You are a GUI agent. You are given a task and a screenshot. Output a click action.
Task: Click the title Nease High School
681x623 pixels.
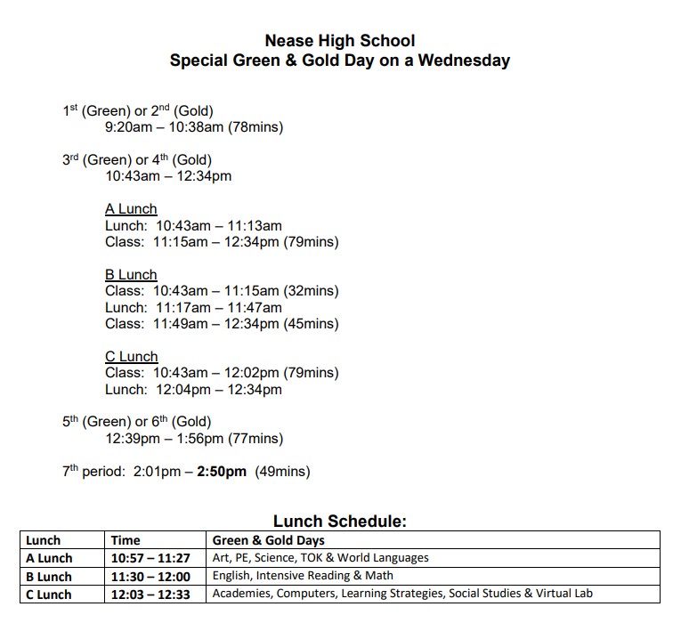(x=340, y=40)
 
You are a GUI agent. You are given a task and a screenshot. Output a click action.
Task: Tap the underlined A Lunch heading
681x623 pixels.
(x=131, y=209)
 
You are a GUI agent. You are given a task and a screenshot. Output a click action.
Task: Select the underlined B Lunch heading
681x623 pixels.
(x=131, y=275)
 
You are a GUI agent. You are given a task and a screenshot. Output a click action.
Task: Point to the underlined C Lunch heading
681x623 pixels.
(x=131, y=357)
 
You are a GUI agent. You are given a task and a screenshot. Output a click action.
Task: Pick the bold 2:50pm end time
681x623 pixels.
(x=221, y=472)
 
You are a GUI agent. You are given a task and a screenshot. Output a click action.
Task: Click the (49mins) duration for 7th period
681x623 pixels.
(x=283, y=472)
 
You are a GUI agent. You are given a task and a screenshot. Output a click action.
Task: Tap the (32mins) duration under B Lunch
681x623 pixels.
(x=311, y=291)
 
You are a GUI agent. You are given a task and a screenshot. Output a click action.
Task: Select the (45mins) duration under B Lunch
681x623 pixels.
(x=311, y=324)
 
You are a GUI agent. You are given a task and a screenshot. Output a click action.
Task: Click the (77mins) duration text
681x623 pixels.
(x=255, y=439)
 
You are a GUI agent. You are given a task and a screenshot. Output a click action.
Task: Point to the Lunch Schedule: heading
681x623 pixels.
(x=340, y=522)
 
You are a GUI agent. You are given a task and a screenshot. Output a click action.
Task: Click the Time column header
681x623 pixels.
(x=126, y=540)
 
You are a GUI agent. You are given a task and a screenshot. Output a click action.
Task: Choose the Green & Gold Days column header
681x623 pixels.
(x=269, y=540)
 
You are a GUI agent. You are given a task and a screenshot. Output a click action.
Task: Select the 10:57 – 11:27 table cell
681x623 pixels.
(x=150, y=558)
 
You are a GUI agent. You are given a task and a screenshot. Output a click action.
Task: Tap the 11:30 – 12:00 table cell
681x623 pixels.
(x=150, y=577)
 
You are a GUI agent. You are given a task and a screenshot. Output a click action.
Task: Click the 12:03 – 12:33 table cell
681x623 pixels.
(x=150, y=595)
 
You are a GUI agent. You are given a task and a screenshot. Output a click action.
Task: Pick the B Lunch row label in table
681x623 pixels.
(x=49, y=577)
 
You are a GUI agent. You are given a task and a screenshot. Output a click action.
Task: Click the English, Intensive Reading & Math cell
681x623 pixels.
(x=303, y=576)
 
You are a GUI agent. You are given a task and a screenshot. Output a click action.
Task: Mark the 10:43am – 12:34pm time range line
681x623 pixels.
(x=168, y=176)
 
